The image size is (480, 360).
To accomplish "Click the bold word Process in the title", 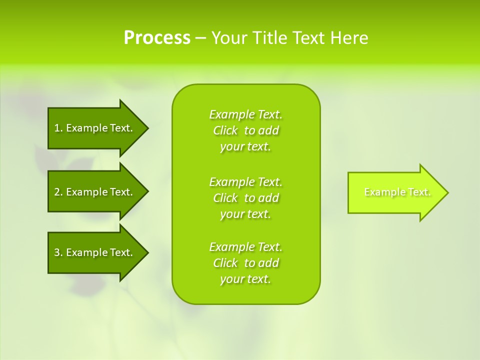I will tap(157, 38).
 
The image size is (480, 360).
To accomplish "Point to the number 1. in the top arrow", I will tap(58, 128).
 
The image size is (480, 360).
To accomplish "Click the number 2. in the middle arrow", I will tap(58, 192).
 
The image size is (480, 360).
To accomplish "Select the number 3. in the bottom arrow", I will tap(58, 252).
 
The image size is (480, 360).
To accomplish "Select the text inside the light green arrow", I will tap(397, 192).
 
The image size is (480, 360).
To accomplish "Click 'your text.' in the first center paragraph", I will tap(245, 147).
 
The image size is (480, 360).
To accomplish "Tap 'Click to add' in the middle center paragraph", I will tap(246, 198).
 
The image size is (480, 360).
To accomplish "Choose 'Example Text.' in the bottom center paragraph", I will tap(246, 247).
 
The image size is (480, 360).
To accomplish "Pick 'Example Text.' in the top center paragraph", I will tap(246, 114).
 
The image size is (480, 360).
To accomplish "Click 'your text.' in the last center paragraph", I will tap(245, 279).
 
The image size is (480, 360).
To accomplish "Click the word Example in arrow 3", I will tap(86, 252).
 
